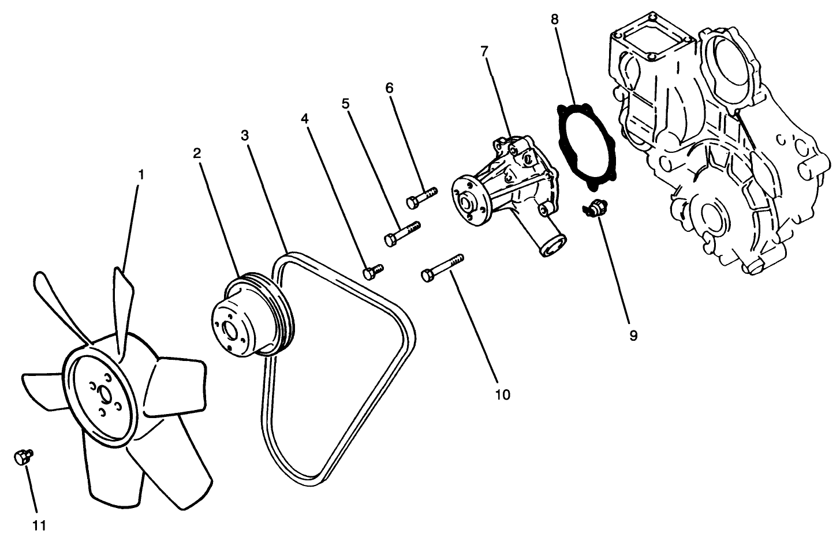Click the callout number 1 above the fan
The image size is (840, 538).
(x=140, y=174)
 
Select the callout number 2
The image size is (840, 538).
(x=197, y=153)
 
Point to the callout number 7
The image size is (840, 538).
(x=484, y=51)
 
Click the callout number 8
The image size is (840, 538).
(x=555, y=19)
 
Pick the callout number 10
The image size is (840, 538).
(x=502, y=395)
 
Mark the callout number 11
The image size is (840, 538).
(x=39, y=525)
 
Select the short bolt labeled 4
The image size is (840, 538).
(x=372, y=271)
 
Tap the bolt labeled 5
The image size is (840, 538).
(x=402, y=234)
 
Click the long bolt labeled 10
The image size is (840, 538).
(x=442, y=269)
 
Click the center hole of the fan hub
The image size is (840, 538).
(x=105, y=396)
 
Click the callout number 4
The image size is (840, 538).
(x=305, y=118)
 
